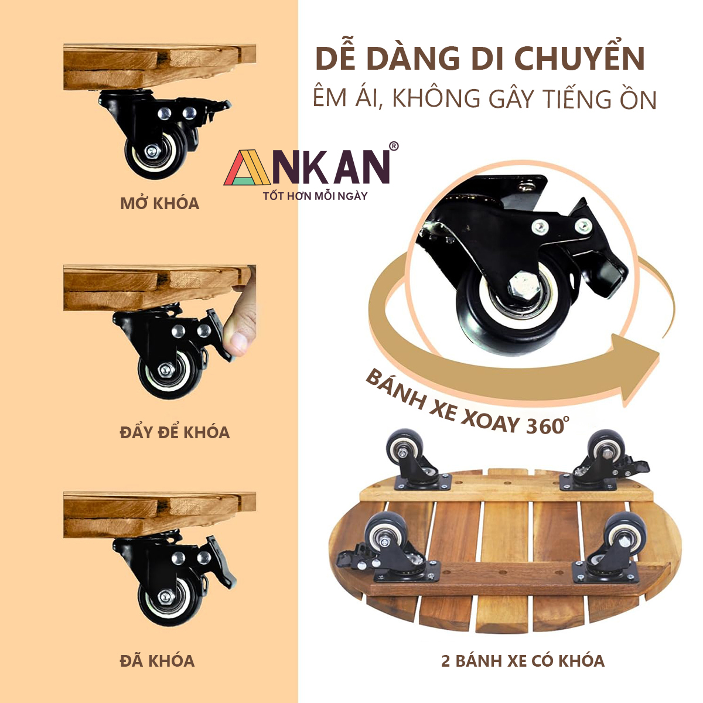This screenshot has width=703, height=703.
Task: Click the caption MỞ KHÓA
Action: (160, 203)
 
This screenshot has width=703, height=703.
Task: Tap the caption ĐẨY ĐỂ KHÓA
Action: (175, 432)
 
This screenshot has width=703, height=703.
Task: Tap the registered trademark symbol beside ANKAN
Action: (394, 146)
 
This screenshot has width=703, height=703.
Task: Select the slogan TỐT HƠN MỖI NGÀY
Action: (315, 196)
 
